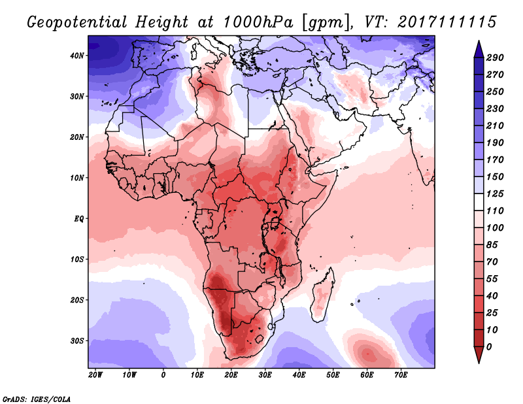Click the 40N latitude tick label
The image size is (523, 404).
coord(78,56)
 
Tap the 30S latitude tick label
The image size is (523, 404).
coord(78,341)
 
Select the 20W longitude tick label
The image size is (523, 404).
coord(95,375)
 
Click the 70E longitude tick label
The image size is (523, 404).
coord(401,375)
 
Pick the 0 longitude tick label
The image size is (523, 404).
coord(163,375)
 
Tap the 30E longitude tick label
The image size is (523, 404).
coord(265,375)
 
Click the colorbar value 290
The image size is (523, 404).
coord(495,58)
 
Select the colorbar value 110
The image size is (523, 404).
coord(495,212)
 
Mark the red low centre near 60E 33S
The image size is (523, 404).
coord(367,354)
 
